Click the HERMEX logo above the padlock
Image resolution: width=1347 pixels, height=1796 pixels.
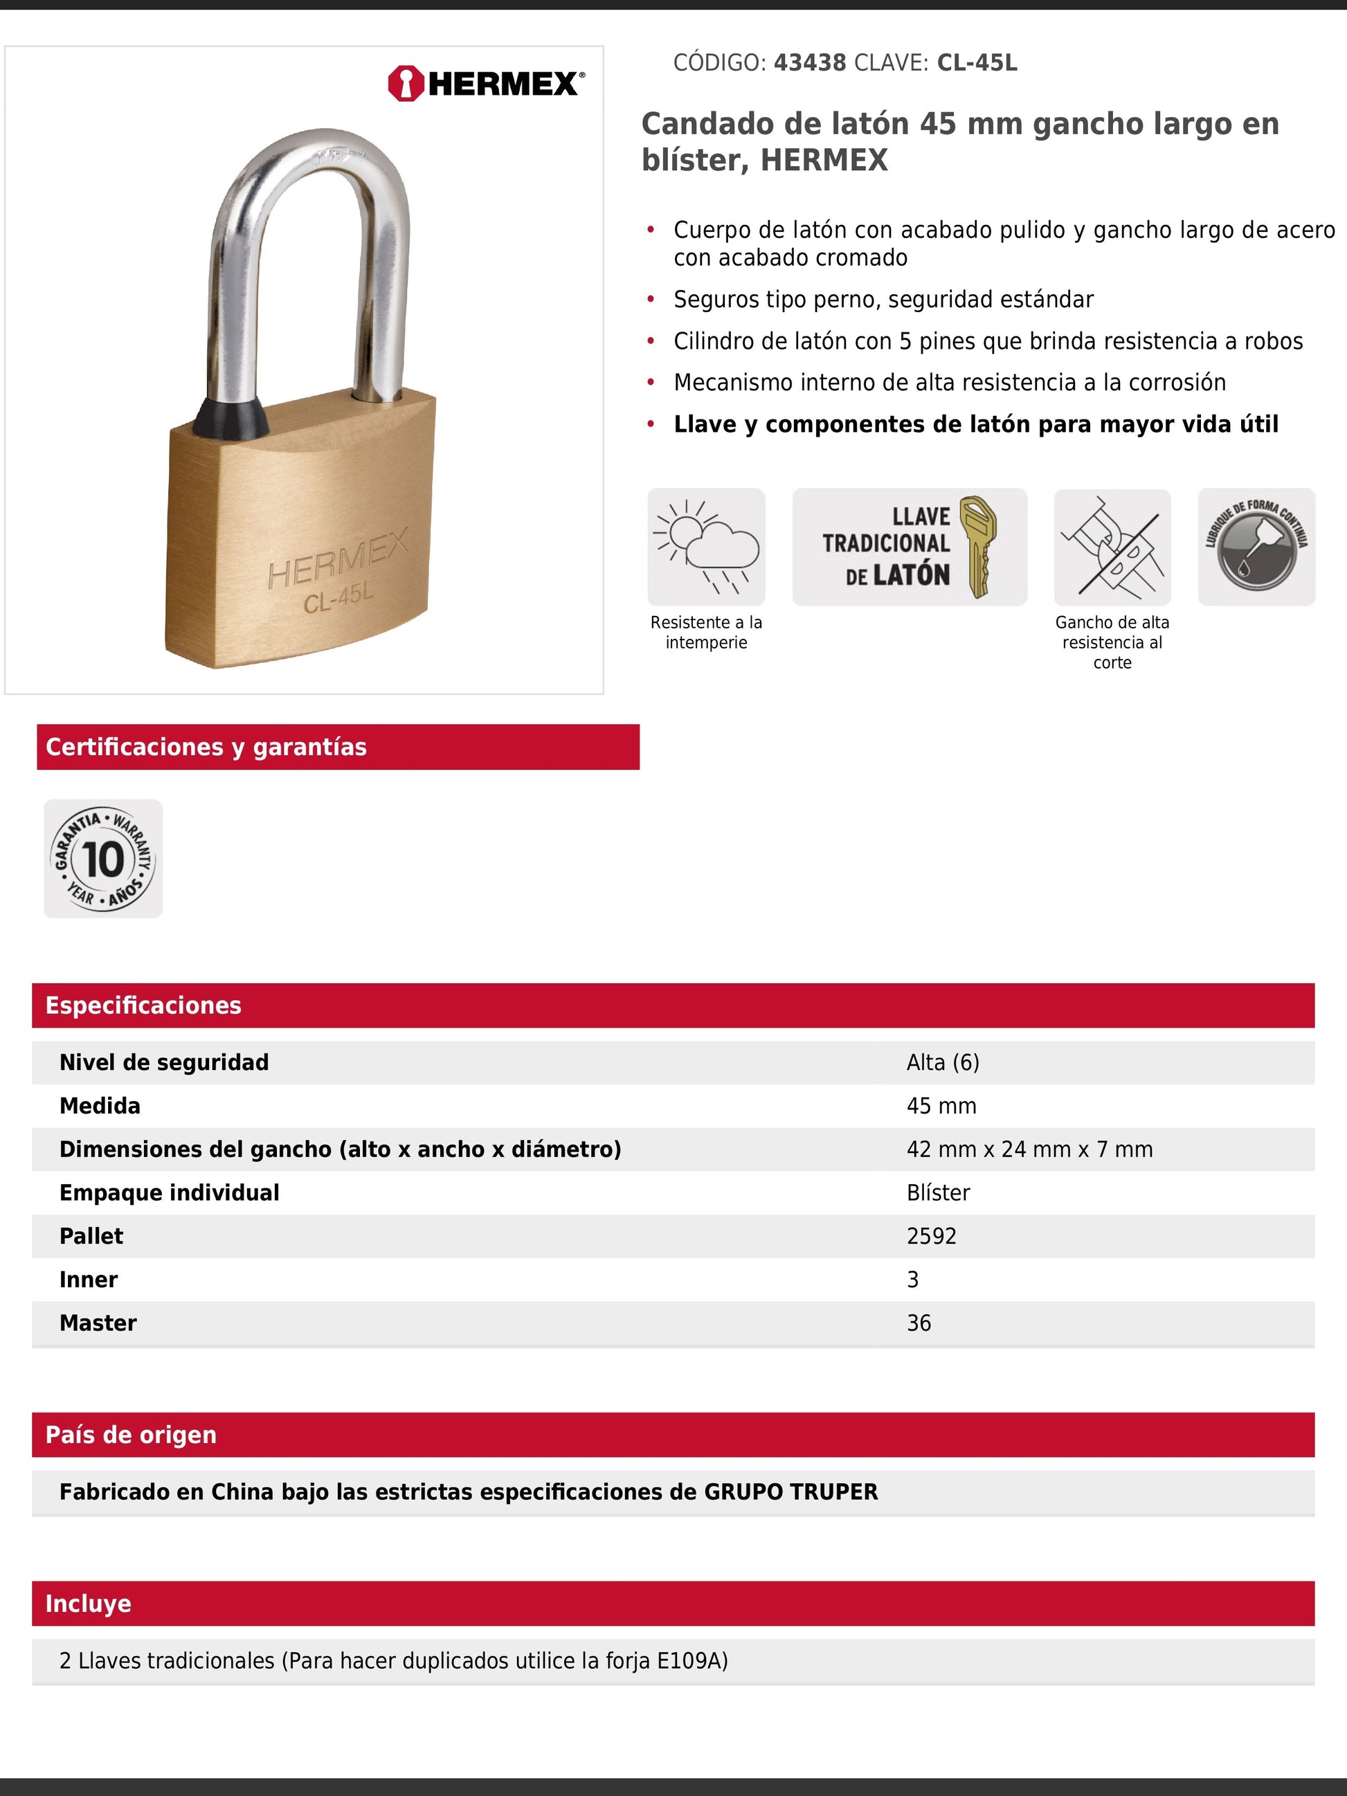(485, 84)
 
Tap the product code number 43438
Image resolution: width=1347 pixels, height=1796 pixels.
(809, 62)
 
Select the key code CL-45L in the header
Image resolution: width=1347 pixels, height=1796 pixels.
(977, 62)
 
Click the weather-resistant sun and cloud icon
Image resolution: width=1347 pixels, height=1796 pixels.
(705, 547)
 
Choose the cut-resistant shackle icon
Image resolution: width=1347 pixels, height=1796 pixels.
(1112, 547)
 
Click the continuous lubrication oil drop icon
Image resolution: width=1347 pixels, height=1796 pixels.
(1256, 547)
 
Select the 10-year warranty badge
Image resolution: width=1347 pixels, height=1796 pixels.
(103, 859)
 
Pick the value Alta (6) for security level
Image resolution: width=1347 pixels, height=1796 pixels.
(943, 1062)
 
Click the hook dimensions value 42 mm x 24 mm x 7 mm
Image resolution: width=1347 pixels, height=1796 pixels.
(1029, 1149)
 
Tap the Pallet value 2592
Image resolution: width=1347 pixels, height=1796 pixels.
(931, 1236)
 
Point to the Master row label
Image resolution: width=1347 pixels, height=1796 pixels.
(98, 1323)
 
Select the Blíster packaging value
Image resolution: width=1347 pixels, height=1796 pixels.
(938, 1192)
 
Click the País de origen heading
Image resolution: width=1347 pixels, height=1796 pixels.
(131, 1435)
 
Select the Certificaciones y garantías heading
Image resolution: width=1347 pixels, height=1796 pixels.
(206, 747)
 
